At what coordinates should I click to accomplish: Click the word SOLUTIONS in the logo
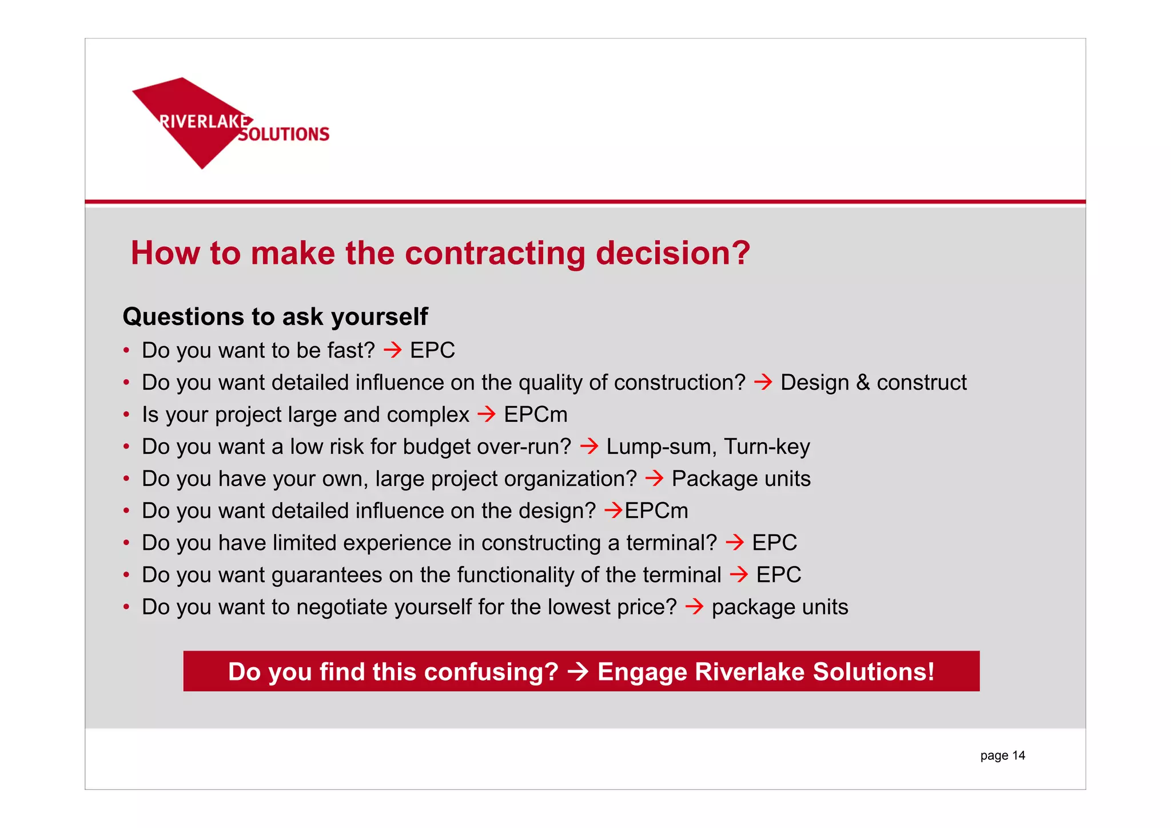pyautogui.click(x=284, y=134)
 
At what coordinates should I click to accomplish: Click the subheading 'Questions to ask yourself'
pyautogui.click(x=275, y=317)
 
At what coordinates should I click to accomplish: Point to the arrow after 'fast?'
pyautogui.click(x=393, y=350)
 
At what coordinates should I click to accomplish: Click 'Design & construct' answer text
pyautogui.click(x=873, y=382)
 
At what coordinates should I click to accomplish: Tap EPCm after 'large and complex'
pyautogui.click(x=536, y=414)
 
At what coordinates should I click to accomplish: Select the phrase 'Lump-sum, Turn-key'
pyautogui.click(x=708, y=446)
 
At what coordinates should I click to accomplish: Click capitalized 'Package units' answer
pyautogui.click(x=741, y=478)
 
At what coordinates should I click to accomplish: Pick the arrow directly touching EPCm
pyautogui.click(x=614, y=510)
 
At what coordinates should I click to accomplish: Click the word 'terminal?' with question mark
pyautogui.click(x=671, y=542)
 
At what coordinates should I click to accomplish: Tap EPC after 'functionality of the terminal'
pyautogui.click(x=778, y=575)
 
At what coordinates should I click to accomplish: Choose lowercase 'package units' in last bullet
pyautogui.click(x=779, y=607)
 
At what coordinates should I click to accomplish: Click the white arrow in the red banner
pyautogui.click(x=578, y=672)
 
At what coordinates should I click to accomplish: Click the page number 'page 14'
pyautogui.click(x=1002, y=755)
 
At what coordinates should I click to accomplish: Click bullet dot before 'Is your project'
pyautogui.click(x=126, y=414)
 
